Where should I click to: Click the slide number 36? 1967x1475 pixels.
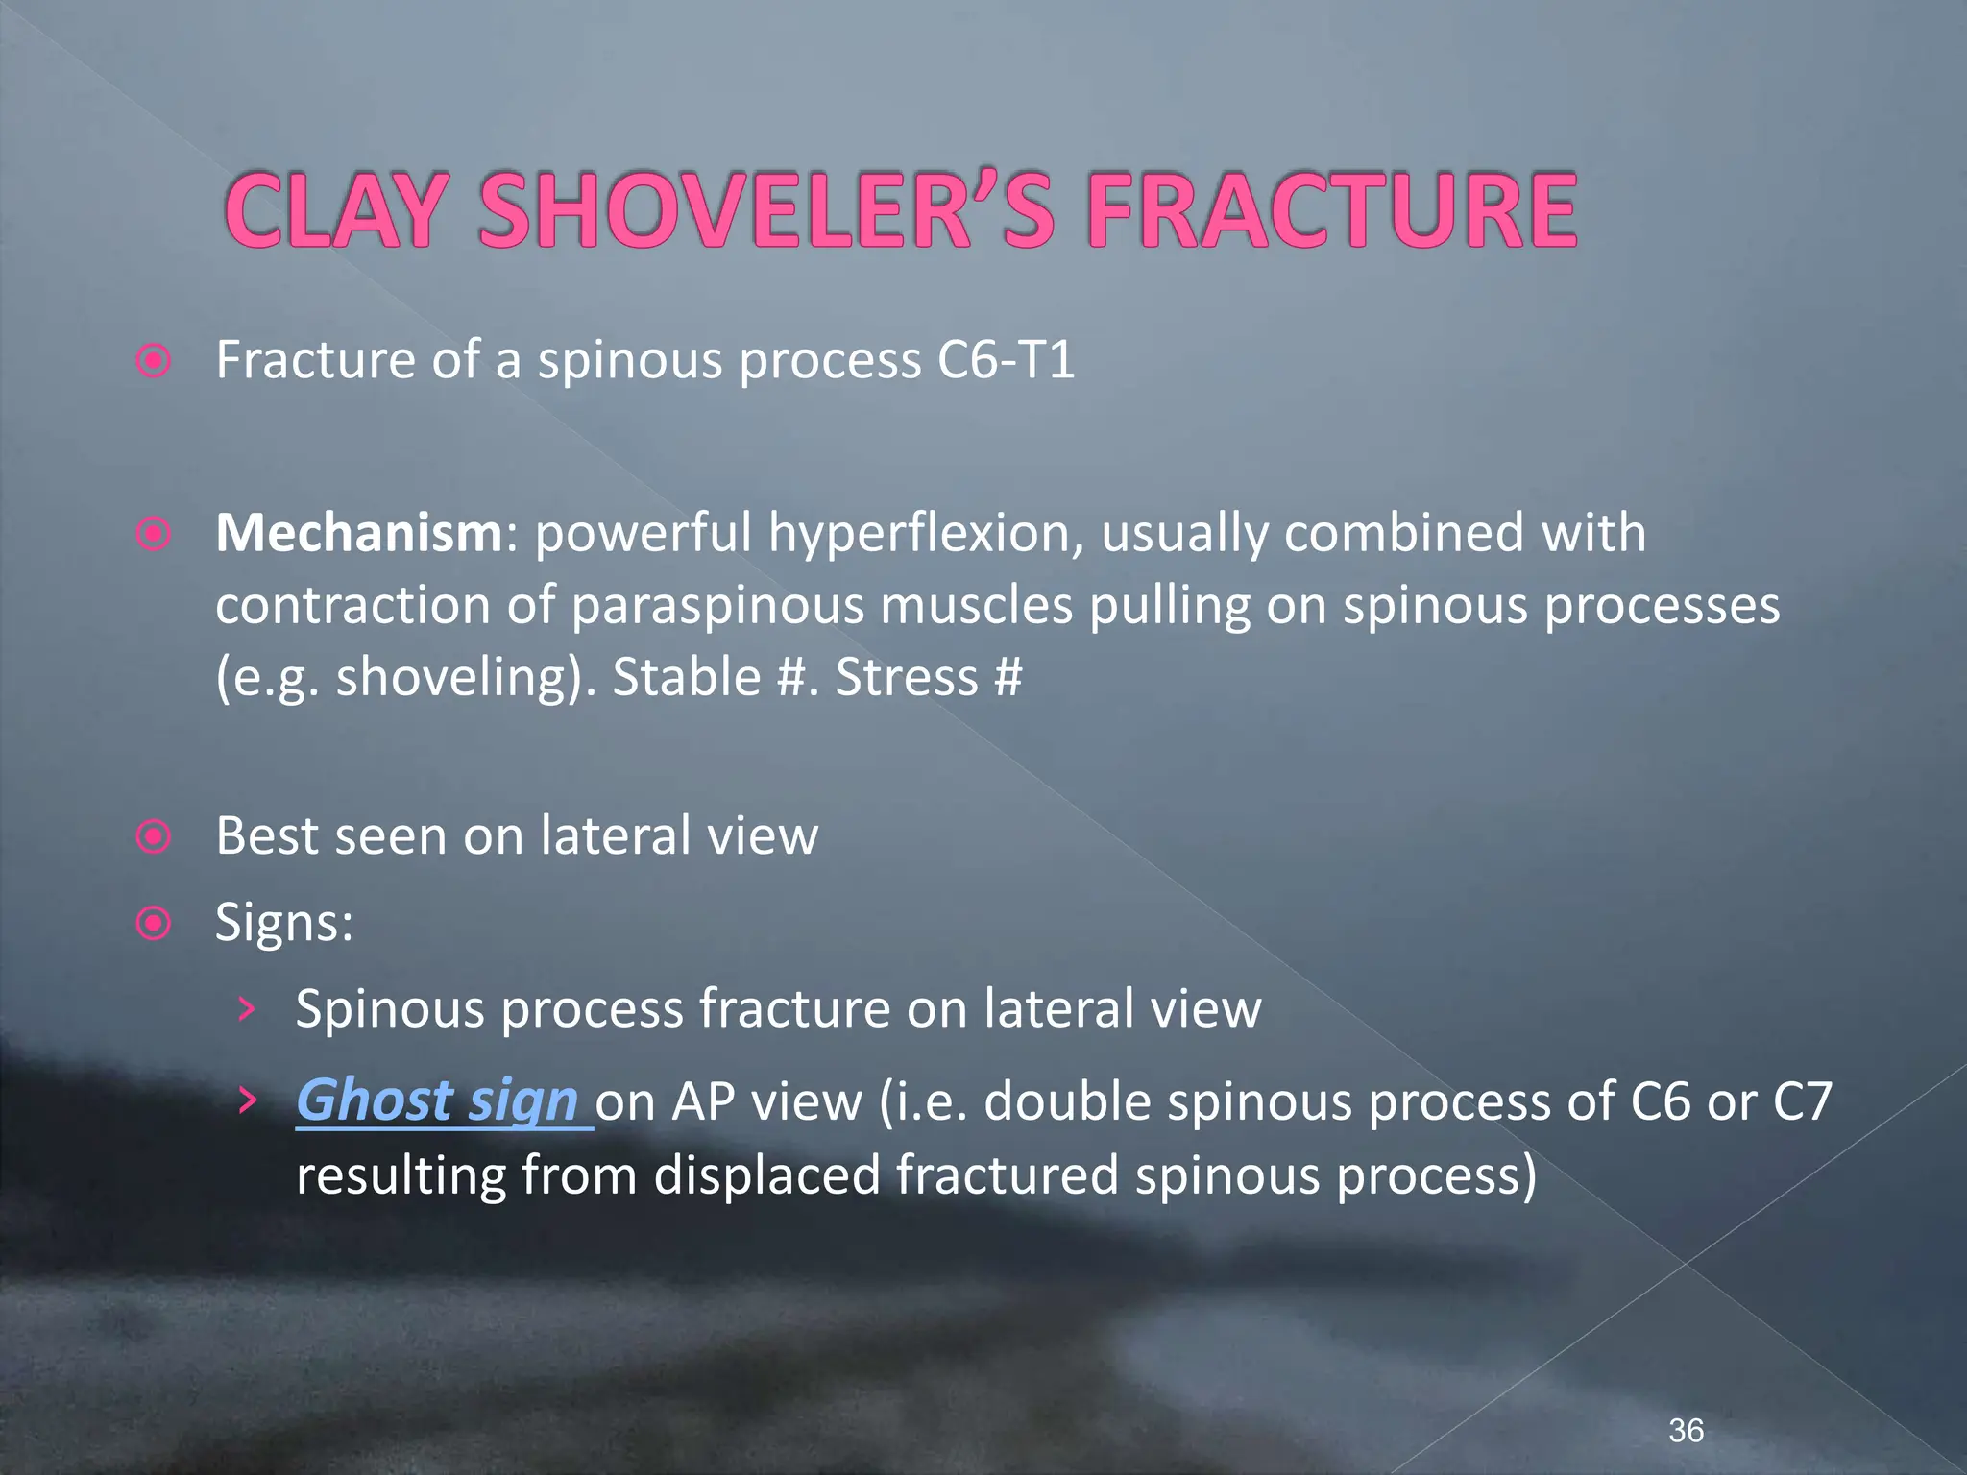click(x=1686, y=1430)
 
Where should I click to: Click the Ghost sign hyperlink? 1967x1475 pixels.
click(x=437, y=1100)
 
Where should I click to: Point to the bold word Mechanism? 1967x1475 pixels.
click(x=358, y=533)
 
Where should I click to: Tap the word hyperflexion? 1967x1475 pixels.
click(x=926, y=535)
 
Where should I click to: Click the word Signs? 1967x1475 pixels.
click(x=284, y=923)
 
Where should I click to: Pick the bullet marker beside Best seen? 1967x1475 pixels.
click(x=154, y=836)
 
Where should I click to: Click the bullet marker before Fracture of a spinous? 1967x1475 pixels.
click(x=154, y=362)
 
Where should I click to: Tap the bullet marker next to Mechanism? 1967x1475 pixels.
click(x=154, y=534)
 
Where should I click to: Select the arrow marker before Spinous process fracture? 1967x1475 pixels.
click(x=248, y=1009)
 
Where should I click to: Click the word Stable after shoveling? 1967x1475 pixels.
click(x=687, y=678)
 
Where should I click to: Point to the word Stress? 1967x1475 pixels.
click(x=907, y=678)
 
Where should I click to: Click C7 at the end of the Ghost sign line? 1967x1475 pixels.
click(x=1802, y=1101)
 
